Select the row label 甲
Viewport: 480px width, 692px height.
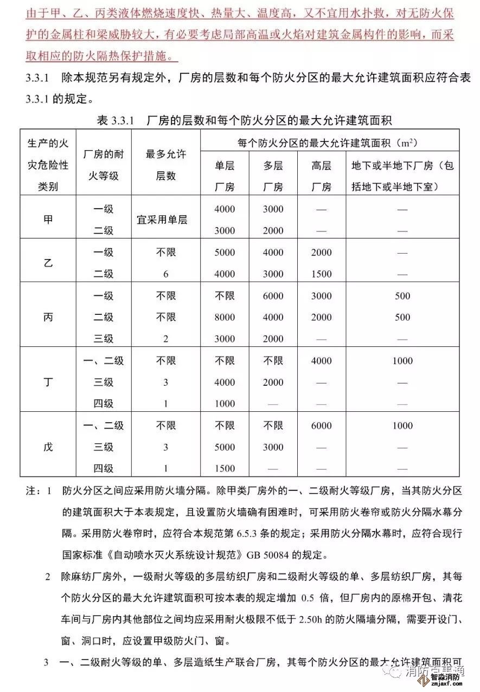(x=48, y=220)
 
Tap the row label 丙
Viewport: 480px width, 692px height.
(x=48, y=318)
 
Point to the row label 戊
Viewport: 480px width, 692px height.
(x=48, y=448)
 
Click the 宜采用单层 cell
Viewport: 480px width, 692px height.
(x=165, y=220)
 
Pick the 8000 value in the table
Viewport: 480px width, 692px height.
(x=225, y=318)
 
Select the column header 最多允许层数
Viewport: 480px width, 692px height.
(x=165, y=165)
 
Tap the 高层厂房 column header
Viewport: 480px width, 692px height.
(x=322, y=176)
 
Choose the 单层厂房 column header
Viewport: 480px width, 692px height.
(x=225, y=176)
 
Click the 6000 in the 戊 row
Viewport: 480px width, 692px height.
(x=322, y=426)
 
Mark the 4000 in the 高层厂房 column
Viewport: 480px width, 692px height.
(x=322, y=361)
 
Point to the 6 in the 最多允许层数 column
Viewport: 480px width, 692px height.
(x=165, y=274)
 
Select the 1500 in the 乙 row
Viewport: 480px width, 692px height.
(x=322, y=274)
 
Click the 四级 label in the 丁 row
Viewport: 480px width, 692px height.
(x=104, y=404)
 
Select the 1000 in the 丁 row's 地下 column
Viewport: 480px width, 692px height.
(x=402, y=361)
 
